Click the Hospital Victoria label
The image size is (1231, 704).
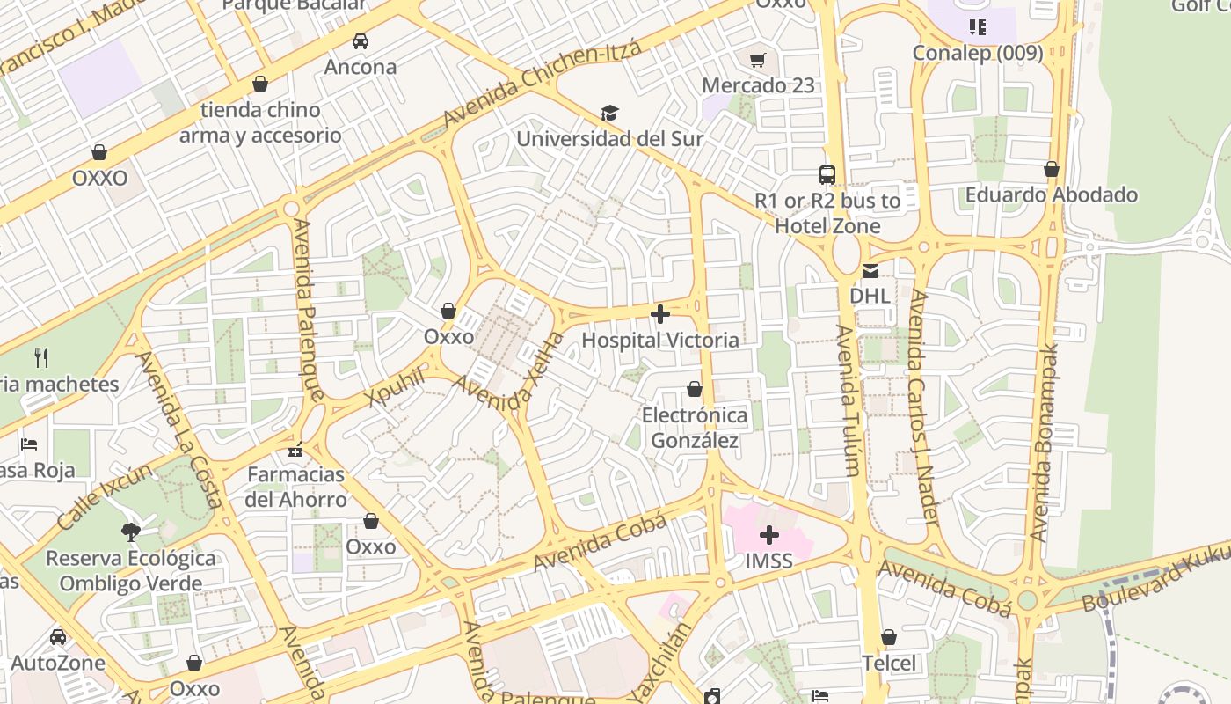[660, 340]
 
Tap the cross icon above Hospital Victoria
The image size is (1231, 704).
[660, 314]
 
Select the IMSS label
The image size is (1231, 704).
[768, 561]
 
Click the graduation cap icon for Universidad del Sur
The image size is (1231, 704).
[609, 113]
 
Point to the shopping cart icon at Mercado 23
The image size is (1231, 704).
[758, 60]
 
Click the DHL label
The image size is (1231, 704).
[870, 296]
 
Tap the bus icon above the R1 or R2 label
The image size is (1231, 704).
[827, 174]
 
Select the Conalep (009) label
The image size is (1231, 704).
[977, 53]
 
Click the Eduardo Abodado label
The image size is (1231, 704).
[1051, 194]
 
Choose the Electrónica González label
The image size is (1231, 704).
[695, 428]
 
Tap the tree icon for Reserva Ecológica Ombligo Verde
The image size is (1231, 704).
[131, 532]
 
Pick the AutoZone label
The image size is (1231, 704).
[58, 663]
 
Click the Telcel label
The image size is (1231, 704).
[888, 663]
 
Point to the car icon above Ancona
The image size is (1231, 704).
[360, 40]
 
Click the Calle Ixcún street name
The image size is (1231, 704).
[104, 495]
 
